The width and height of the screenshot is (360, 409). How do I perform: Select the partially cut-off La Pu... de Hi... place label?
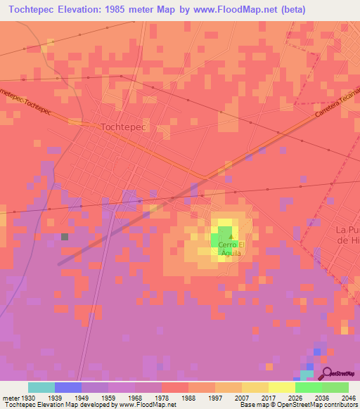tap(347, 235)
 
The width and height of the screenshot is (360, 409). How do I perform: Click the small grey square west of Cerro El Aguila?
tap(65, 237)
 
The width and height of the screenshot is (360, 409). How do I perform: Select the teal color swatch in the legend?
tap(41, 387)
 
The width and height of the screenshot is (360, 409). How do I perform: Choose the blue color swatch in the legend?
tap(67, 387)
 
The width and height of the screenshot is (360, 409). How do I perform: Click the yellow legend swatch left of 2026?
tap(282, 387)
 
